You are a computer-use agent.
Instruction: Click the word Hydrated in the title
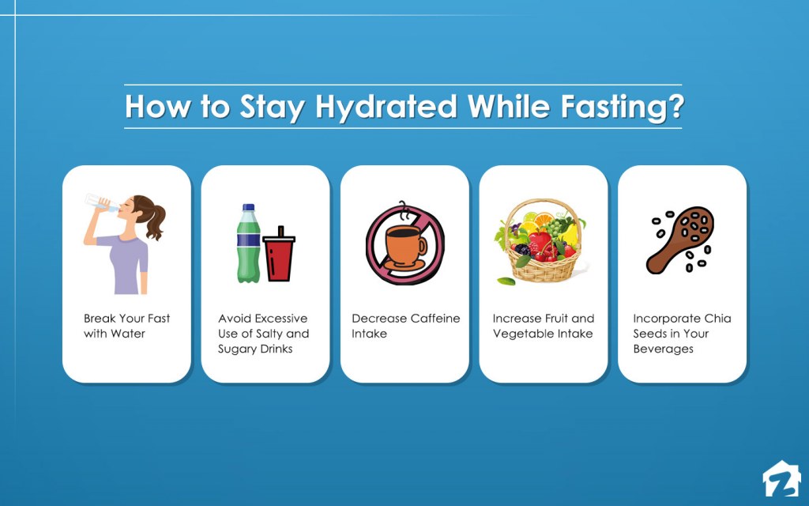(386, 108)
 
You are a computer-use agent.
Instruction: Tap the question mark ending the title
(676, 105)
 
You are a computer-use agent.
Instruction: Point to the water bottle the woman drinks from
(100, 202)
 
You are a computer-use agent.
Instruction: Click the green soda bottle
(248, 244)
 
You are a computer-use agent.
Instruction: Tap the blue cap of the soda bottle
(249, 207)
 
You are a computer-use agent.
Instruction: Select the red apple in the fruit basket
(540, 242)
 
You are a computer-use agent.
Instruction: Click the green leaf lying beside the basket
(506, 281)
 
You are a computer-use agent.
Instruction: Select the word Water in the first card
(128, 334)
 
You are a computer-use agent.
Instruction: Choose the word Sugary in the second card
(235, 349)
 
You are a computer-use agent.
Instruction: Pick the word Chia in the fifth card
(717, 318)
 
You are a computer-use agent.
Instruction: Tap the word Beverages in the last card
(664, 349)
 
